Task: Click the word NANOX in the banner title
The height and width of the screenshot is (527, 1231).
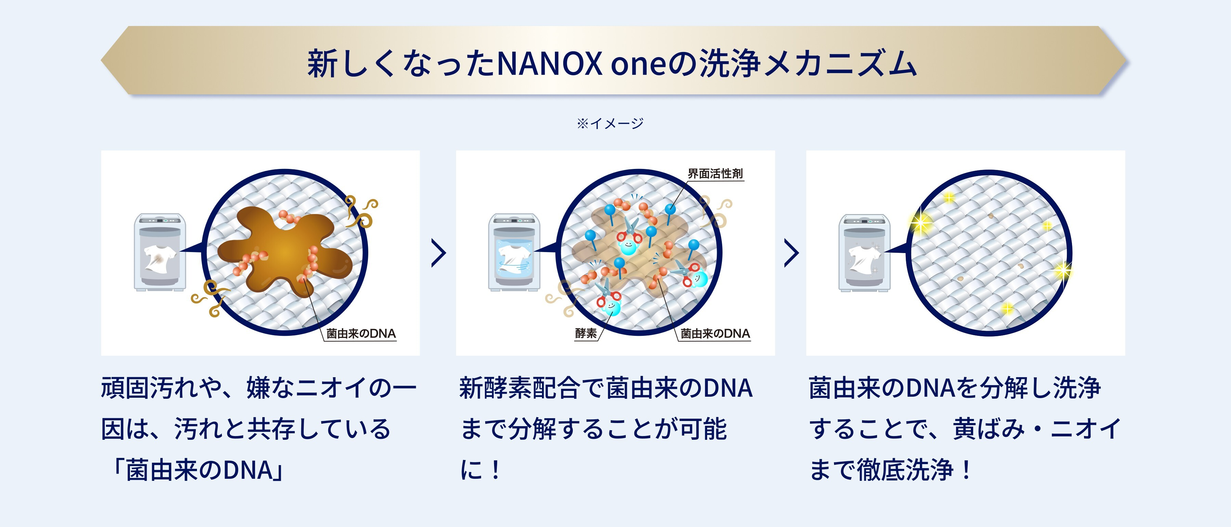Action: (x=550, y=64)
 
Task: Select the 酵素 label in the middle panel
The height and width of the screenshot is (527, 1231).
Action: (x=586, y=333)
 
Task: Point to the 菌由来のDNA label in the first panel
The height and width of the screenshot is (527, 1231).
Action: (x=361, y=333)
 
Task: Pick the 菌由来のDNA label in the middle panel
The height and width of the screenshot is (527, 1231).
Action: (x=715, y=333)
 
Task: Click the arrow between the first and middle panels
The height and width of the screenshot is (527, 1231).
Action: (x=438, y=253)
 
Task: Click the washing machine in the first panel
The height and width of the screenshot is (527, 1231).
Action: (x=160, y=252)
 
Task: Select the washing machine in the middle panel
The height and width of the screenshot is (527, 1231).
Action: (x=514, y=252)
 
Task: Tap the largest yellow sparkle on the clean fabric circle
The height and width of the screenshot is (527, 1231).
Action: (x=920, y=223)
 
